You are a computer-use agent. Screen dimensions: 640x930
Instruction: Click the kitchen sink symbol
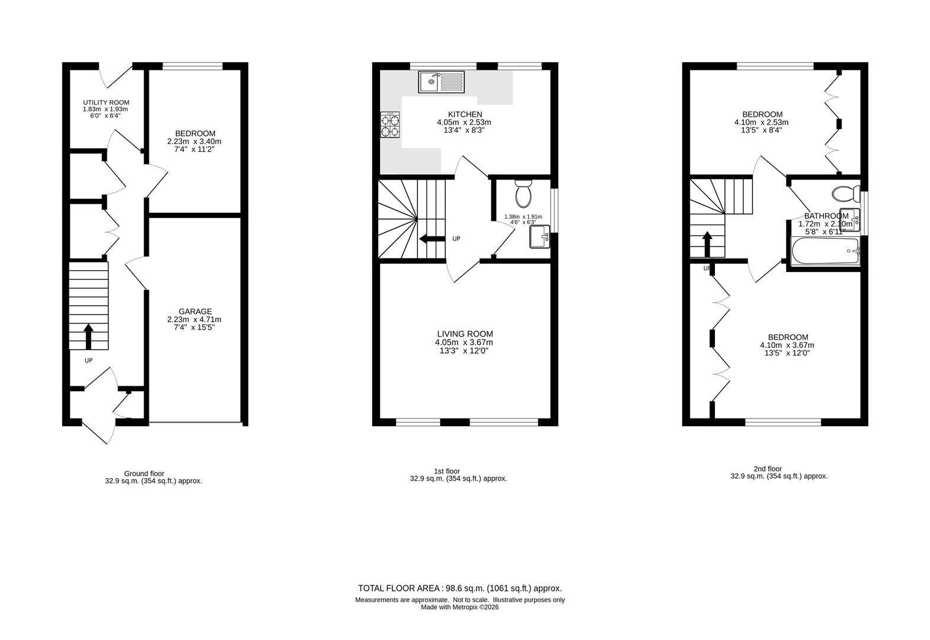tap(442, 82)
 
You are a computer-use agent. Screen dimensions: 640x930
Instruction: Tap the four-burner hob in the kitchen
tap(390, 125)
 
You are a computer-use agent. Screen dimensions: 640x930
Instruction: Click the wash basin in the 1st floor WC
tap(540, 236)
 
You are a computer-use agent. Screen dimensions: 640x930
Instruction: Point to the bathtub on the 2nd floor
tap(824, 252)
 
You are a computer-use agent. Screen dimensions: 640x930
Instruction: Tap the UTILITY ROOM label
tap(106, 103)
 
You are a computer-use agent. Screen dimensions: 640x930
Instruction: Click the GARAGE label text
tap(195, 311)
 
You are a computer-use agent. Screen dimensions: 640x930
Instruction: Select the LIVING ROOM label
tap(465, 334)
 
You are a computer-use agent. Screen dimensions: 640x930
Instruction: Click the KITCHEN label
tap(465, 114)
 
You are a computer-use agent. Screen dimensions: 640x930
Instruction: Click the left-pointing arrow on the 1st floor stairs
tap(431, 239)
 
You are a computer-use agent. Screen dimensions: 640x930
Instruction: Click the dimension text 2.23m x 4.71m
tap(194, 319)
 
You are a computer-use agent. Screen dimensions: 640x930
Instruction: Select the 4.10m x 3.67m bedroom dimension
tap(787, 345)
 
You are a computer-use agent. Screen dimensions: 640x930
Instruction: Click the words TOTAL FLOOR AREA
tap(398, 588)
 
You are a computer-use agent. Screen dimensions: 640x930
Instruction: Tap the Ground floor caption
tap(144, 473)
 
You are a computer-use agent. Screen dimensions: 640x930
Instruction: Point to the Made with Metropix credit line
tap(459, 607)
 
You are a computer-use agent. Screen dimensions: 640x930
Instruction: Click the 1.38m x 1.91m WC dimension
tap(522, 216)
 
